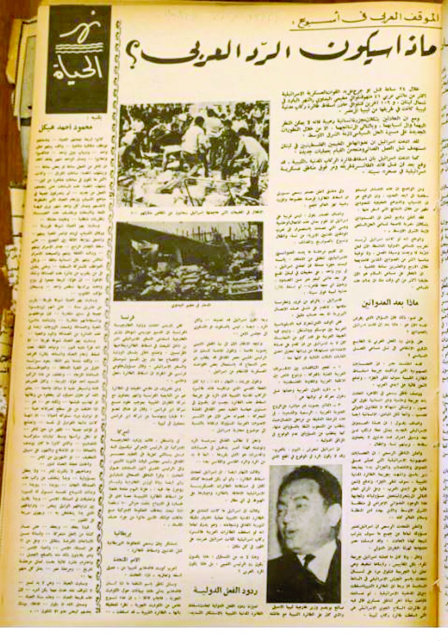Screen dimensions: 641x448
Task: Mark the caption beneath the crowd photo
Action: tap(192, 212)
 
